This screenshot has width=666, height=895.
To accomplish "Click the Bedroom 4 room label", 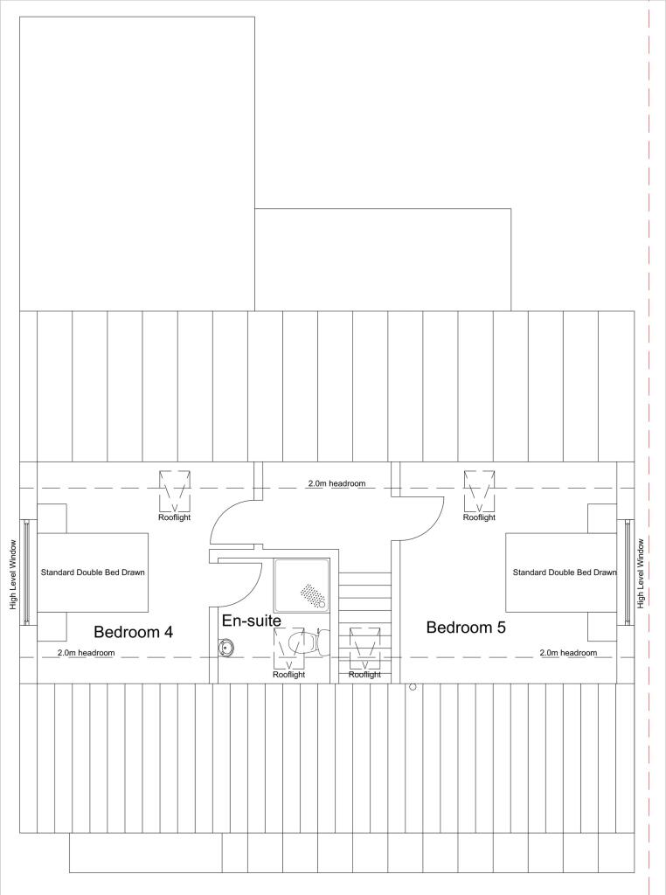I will (133, 631).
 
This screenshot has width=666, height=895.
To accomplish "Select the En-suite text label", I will (251, 621).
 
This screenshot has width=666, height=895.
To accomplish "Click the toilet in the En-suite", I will (307, 643).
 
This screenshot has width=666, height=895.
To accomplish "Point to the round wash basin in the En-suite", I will (226, 647).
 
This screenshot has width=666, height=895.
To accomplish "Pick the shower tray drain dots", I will (312, 594).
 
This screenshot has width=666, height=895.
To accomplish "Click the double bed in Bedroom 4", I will (92, 572).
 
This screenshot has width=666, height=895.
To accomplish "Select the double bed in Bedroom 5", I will (561, 572).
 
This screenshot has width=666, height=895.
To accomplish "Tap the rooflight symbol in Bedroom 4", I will (175, 490).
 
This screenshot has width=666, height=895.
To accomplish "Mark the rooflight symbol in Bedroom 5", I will (479, 490).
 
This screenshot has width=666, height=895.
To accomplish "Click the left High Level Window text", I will (13, 573).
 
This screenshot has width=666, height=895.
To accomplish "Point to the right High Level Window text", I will (641, 573).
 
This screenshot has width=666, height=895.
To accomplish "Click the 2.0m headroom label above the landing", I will (336, 483).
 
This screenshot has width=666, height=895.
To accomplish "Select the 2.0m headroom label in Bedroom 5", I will (568, 653).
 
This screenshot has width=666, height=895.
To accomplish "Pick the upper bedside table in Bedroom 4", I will (52, 517).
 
